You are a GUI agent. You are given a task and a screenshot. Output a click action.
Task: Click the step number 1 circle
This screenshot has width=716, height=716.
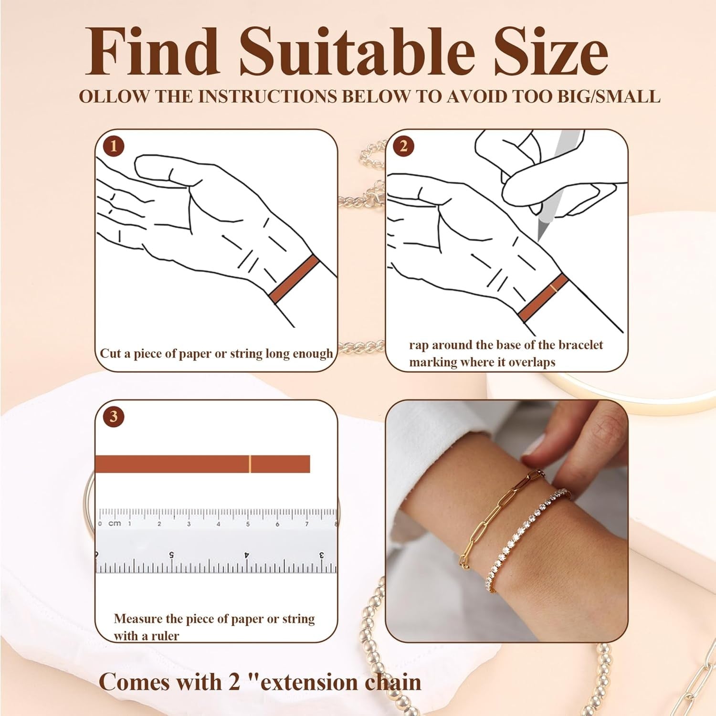click(114, 146)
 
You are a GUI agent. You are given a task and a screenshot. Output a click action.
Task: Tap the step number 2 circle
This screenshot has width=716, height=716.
click(404, 146)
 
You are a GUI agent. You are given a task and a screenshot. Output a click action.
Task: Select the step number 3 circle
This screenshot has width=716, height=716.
click(114, 416)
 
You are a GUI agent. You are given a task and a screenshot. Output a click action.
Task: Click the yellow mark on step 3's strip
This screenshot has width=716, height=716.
click(250, 464)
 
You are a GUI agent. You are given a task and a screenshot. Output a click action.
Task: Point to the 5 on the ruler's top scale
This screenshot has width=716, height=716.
click(248, 524)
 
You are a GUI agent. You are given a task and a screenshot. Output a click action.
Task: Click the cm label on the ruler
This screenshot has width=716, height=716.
click(115, 524)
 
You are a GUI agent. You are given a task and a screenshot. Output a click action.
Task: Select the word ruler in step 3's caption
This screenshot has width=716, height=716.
click(165, 636)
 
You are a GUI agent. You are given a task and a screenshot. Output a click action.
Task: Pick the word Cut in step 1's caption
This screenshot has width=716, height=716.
click(109, 354)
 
